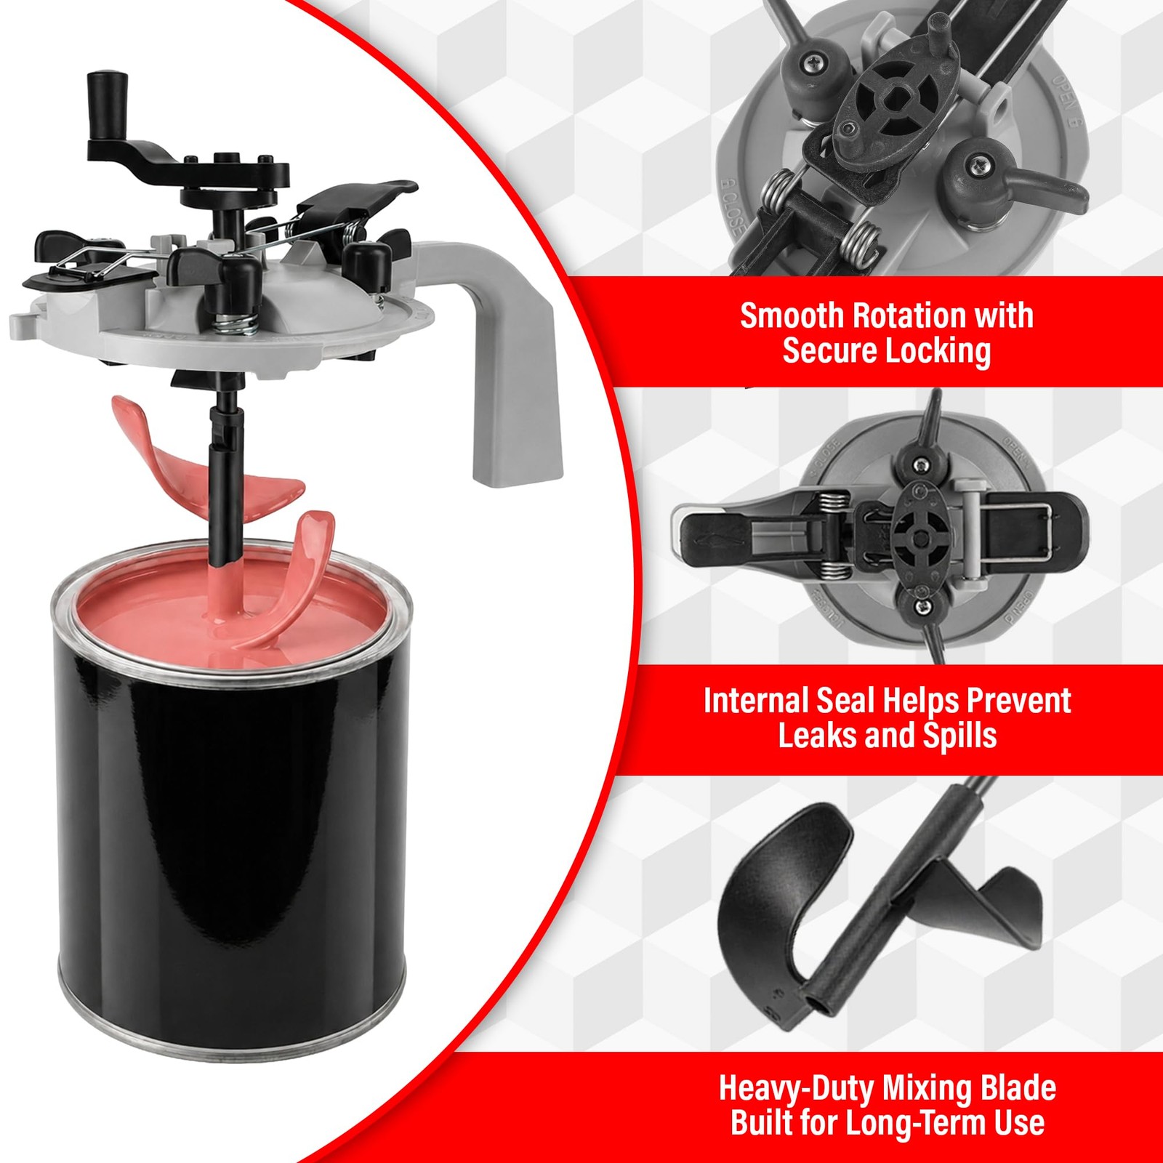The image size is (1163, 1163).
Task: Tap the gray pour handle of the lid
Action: coord(509,363)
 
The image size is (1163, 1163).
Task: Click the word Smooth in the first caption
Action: coord(792,315)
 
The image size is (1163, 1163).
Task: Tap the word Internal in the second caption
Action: coord(755,700)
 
